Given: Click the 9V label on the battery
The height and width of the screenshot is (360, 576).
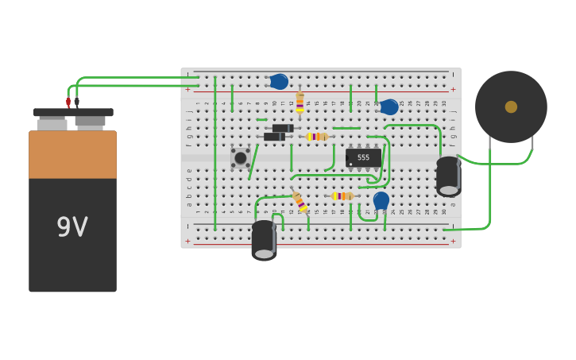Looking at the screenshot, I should click(x=72, y=227).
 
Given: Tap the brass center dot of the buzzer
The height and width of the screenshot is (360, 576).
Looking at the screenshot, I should click(x=511, y=106).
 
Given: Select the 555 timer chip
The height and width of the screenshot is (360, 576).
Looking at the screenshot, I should click(x=363, y=157).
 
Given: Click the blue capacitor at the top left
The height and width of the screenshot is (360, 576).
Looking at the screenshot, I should click(x=279, y=81).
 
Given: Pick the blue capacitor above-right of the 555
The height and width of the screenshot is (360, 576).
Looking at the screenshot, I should click(x=389, y=106).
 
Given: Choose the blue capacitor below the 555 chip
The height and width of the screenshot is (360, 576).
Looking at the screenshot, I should click(x=381, y=199).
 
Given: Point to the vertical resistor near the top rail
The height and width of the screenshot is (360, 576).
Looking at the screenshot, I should click(x=300, y=103).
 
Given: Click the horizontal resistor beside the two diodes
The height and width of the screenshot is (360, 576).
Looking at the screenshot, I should click(x=317, y=137).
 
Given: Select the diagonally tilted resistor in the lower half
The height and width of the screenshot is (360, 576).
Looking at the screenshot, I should click(x=300, y=202).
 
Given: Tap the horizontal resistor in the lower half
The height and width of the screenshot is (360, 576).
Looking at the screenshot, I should click(x=342, y=195).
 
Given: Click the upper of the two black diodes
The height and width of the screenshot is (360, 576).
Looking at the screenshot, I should click(x=283, y=128).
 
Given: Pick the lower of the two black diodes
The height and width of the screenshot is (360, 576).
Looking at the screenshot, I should click(x=274, y=137).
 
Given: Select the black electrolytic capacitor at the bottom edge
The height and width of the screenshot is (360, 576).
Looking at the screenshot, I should click(x=264, y=240).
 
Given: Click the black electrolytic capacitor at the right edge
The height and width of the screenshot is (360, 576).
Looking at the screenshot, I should click(x=448, y=176).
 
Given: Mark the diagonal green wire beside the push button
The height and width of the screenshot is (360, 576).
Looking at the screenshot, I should click(x=253, y=161).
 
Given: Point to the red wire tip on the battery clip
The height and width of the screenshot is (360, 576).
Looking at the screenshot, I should click(x=68, y=102).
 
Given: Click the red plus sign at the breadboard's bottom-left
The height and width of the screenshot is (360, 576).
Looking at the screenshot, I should click(x=188, y=241).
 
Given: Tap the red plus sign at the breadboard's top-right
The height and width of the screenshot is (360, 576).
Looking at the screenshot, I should click(x=453, y=89).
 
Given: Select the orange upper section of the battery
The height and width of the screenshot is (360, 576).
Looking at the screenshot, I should click(x=72, y=154).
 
